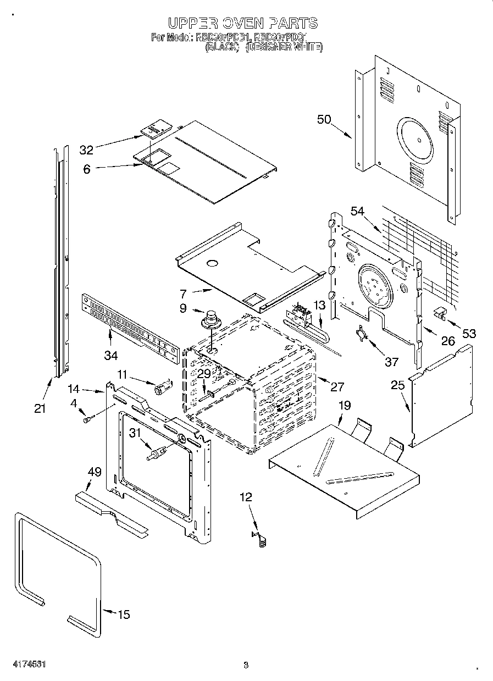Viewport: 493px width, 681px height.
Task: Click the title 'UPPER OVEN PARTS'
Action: [242, 23]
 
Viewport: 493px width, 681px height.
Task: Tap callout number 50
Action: [324, 119]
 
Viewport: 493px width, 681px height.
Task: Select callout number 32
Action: [87, 150]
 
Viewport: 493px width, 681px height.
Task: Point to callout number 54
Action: [358, 211]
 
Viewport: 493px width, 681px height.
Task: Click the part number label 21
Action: [40, 408]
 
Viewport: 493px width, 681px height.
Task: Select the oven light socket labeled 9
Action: [210, 320]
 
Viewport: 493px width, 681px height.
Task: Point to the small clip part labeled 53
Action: [439, 313]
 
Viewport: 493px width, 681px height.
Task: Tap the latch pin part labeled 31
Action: [154, 454]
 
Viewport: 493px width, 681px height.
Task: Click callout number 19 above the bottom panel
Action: [344, 406]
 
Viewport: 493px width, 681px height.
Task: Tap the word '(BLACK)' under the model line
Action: [222, 48]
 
